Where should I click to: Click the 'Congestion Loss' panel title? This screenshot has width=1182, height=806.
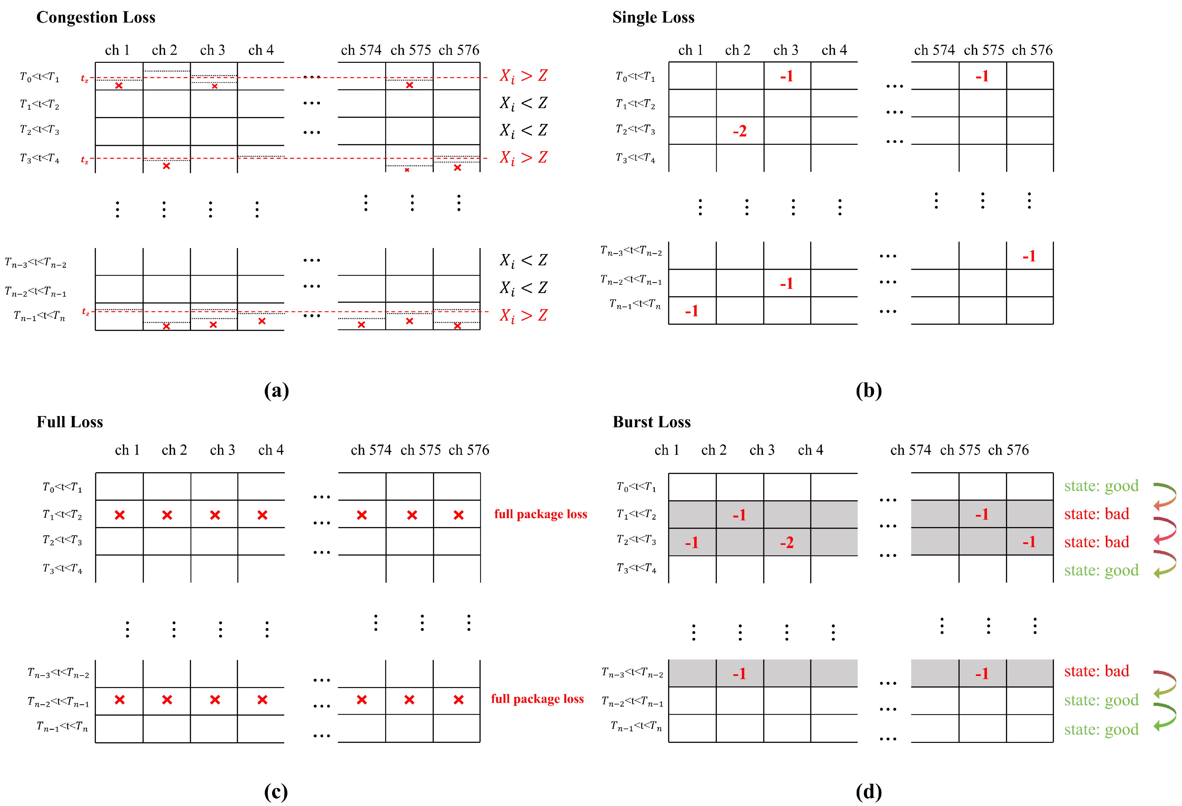pos(96,17)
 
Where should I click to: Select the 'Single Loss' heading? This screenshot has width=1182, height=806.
pos(653,17)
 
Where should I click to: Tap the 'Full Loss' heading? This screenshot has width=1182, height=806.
pos(70,422)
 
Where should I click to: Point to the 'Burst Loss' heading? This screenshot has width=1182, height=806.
pos(652,422)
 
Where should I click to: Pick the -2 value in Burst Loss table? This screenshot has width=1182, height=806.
pos(786,542)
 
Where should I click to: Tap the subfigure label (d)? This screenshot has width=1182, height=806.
pos(868,791)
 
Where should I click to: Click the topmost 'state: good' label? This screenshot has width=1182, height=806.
pos(1101,486)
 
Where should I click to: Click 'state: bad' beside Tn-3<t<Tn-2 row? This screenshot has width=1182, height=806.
pos(1097,671)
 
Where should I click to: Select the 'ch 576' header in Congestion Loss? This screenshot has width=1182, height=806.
pos(459,50)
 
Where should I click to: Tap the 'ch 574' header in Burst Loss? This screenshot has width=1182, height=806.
pos(911,450)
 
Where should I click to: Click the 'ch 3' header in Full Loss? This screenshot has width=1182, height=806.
pos(222,450)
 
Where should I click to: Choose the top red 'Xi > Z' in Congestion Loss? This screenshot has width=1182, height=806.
pos(523,76)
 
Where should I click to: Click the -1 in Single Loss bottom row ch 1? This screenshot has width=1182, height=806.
pos(691,311)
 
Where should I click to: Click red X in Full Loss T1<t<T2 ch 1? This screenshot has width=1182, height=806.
pos(119,515)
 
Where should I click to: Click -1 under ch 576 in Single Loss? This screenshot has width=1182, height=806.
pos(1029,256)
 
